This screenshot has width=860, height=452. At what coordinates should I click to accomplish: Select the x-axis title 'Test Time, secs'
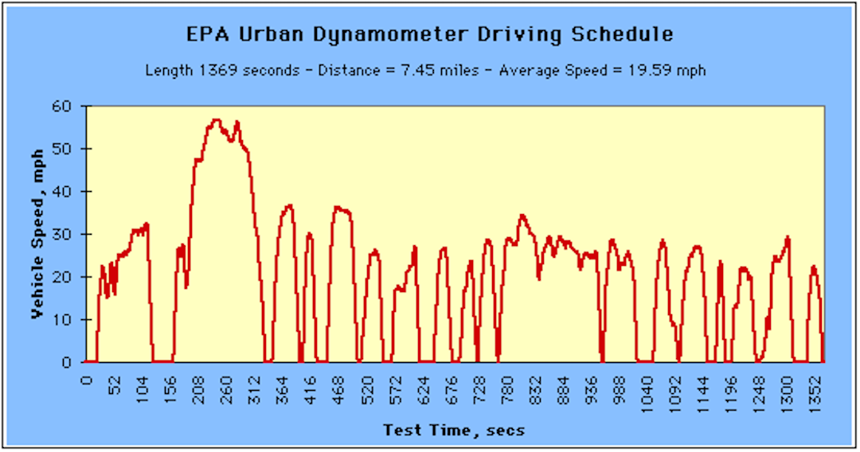click(x=454, y=431)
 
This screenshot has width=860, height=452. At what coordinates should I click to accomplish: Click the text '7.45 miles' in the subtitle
click(x=445, y=71)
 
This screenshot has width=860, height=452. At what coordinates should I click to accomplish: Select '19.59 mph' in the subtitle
click(x=666, y=71)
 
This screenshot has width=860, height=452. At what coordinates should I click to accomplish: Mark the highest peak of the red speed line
click(x=216, y=119)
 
